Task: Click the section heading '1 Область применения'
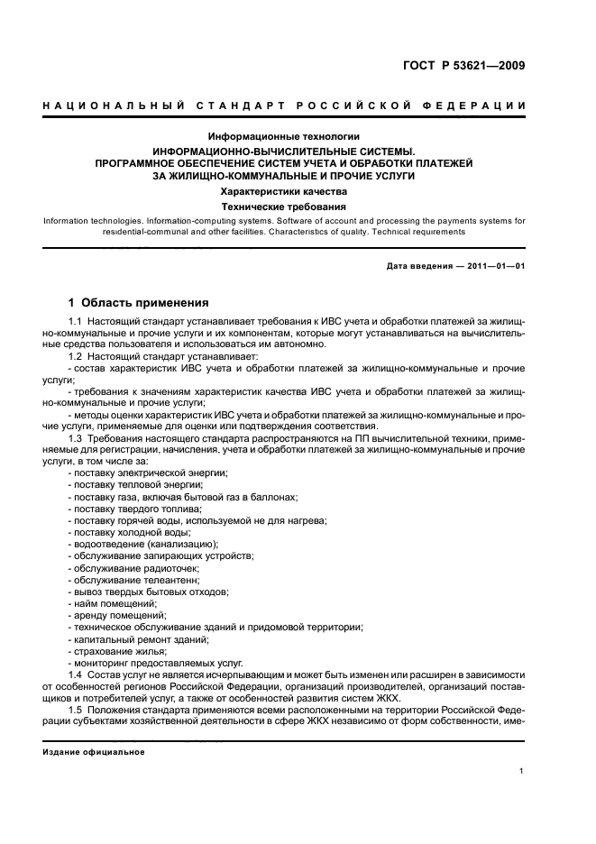click(139, 303)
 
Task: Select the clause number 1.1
click(77, 322)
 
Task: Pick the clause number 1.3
click(77, 438)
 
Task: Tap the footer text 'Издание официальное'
click(94, 752)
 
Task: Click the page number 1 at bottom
click(522, 770)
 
